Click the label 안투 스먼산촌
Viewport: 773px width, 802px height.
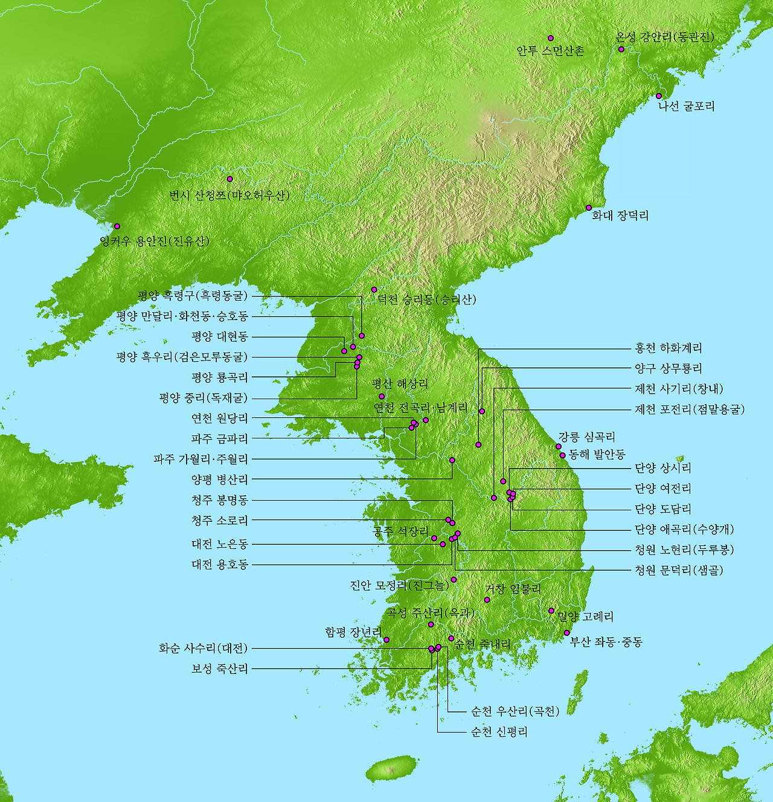pos(550,51)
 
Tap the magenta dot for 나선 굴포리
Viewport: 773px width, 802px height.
pos(659,96)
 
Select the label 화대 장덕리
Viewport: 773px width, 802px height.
pos(620,216)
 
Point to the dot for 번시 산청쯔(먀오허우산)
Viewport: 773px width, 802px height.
pos(229,179)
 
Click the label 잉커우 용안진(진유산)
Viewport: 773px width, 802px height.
pos(155,242)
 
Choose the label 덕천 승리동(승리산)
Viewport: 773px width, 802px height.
pos(426,300)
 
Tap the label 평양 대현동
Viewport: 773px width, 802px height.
pos(220,336)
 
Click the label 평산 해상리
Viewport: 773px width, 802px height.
pos(400,384)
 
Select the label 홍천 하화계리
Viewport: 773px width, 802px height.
pos(668,348)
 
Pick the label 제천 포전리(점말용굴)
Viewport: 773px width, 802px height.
pos(690,409)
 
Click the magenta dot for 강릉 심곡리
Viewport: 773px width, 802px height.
pos(559,446)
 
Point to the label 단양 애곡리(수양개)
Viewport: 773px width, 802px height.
pos(684,530)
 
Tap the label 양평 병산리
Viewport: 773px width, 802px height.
pos(220,480)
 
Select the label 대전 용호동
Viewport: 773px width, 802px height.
pos(220,565)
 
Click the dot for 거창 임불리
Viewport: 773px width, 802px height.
pos(487,600)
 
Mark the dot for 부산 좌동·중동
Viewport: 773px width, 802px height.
pos(567,633)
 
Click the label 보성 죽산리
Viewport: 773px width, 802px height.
pos(220,669)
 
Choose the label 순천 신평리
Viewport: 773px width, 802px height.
pos(499,732)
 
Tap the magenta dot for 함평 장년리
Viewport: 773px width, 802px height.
pos(386,640)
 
